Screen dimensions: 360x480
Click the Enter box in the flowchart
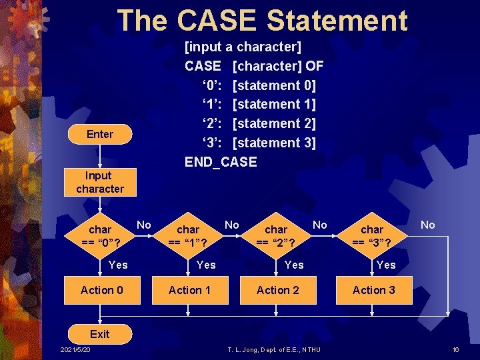tap(100, 135)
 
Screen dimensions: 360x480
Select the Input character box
tap(99, 182)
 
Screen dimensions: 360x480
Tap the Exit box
tap(100, 333)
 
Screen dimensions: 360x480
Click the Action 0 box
tap(101, 290)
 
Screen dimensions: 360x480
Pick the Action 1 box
tap(189, 290)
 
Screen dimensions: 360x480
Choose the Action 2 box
tap(278, 290)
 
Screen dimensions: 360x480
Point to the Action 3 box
tap(373, 290)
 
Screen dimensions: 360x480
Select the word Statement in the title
tap(337, 21)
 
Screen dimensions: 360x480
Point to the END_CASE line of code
tap(220, 162)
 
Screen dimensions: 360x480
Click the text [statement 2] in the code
tap(275, 123)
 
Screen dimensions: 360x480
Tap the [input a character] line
tap(243, 47)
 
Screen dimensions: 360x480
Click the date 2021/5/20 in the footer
tap(75, 351)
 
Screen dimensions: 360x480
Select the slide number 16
tap(456, 351)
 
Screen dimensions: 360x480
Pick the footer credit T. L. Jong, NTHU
tap(274, 351)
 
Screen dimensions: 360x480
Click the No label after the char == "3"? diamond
tap(427, 225)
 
